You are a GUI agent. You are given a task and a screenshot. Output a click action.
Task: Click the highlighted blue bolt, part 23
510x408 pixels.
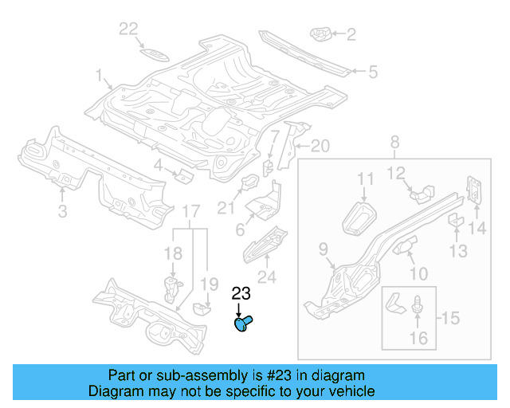pyautogui.click(x=243, y=324)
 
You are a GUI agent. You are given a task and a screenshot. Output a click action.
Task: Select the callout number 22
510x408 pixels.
pyautogui.click(x=129, y=29)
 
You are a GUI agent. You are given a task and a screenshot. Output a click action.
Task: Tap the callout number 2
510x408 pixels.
pyautogui.click(x=351, y=33)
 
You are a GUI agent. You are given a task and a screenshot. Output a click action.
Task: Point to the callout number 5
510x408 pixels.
pyautogui.click(x=372, y=73)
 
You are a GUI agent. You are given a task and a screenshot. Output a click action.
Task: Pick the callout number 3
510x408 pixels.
pyautogui.click(x=62, y=210)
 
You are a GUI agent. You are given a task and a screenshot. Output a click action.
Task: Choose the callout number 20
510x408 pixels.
pyautogui.click(x=319, y=145)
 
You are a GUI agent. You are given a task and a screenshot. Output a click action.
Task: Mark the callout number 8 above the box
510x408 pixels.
pyautogui.click(x=394, y=143)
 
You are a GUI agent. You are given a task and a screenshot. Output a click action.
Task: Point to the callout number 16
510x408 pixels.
pyautogui.click(x=418, y=339)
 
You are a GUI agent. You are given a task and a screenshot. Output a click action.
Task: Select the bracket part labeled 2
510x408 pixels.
pyautogui.click(x=321, y=33)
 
